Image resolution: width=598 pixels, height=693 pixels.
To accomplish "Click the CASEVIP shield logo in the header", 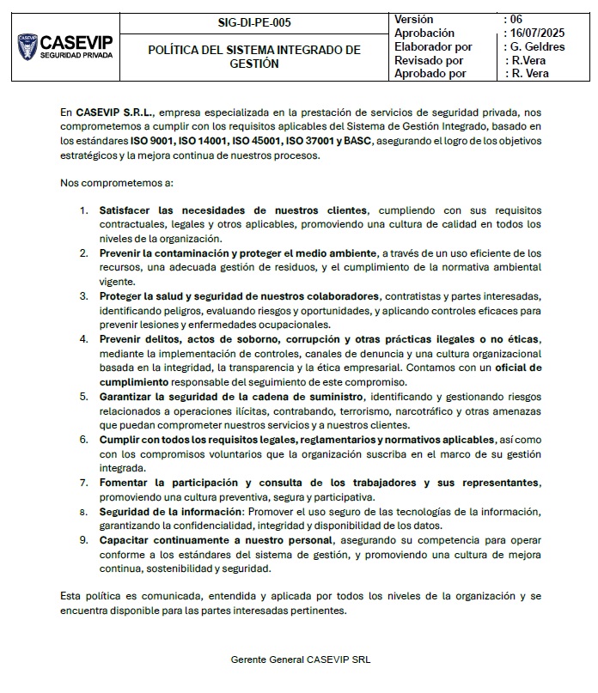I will click(x=27, y=46).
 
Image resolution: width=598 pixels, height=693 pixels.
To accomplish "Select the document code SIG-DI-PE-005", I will click(x=256, y=23).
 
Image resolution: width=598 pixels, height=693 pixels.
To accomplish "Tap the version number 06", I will click(x=516, y=19).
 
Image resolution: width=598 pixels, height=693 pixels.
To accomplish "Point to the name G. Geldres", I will click(x=538, y=46).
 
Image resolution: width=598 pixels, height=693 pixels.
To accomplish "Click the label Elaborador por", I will click(x=433, y=46).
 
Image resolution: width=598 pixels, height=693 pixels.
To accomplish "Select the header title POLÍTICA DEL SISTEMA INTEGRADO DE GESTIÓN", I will click(x=254, y=57).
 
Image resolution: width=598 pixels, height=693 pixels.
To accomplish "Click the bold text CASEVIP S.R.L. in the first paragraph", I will click(x=113, y=112).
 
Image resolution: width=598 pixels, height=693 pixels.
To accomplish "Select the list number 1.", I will click(x=83, y=210).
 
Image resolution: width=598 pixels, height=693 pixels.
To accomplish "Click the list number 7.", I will click(x=83, y=483).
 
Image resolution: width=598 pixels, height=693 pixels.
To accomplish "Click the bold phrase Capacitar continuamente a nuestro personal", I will click(x=216, y=540).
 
